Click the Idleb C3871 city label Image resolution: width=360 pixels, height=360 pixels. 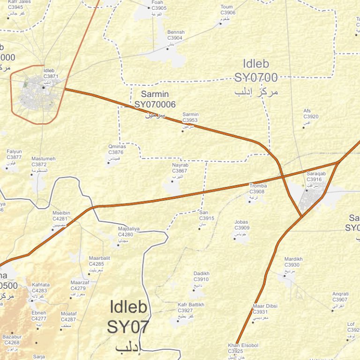pos(51,73)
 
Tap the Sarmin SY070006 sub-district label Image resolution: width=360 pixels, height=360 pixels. pos(155,100)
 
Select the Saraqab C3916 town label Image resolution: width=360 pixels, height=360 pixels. pos(314,176)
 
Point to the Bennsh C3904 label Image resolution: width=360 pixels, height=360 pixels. pos(175,35)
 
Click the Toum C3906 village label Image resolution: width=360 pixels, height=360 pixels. pos(227,10)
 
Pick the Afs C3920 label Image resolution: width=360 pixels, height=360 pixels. pos(311,114)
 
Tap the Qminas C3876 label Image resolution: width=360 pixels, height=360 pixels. pos(116,150)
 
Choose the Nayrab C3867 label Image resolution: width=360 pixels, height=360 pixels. pos(180,168)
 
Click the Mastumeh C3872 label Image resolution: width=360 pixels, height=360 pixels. pos(43,162)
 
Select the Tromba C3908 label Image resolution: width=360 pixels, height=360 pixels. pos(257,188)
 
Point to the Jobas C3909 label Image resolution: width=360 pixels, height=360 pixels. pos(242,225)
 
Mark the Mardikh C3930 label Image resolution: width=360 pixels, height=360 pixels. pos(293,262)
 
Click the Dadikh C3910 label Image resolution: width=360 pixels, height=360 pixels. pos(201,277)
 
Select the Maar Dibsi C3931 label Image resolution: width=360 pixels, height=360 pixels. pos(265,309)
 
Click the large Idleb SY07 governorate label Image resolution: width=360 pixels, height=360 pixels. pos(128,317)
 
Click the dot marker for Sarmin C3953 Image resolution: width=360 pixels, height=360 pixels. pos(183,131)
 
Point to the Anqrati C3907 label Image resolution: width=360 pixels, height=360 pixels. pos(340,297)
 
